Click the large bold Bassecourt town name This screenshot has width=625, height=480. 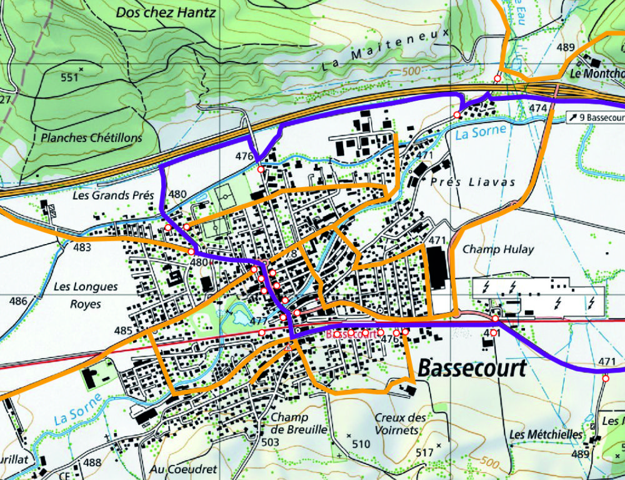(472, 368)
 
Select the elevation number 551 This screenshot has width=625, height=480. (69, 78)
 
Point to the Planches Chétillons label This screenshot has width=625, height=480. (91, 138)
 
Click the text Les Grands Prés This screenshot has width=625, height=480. (113, 195)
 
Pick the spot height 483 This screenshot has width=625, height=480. (81, 247)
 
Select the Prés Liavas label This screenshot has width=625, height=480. (473, 182)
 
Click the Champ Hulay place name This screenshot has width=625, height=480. (498, 249)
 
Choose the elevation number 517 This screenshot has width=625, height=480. (424, 452)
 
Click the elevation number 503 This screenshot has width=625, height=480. (270, 442)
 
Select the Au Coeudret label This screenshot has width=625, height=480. (183, 469)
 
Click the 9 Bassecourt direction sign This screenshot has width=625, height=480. (595, 117)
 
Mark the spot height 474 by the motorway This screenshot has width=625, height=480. (537, 108)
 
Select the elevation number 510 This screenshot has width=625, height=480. (361, 444)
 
